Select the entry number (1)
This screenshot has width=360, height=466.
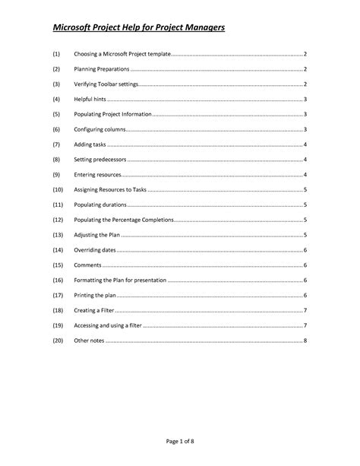pos(56,55)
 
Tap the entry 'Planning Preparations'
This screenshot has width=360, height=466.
pos(102,70)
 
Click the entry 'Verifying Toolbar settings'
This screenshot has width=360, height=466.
pos(106,84)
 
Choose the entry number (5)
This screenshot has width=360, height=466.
pos(56,115)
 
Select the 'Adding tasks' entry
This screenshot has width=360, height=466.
pos(90,144)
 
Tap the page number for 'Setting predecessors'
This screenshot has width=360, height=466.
pos(305,160)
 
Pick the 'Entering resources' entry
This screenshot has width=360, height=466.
pos(99,175)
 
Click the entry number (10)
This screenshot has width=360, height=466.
pos(58,189)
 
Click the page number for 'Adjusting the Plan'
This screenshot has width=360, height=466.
pos(305,235)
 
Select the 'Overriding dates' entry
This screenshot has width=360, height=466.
pos(96,250)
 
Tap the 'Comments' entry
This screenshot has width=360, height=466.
pos(87,265)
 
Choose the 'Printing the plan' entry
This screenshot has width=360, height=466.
pos(96,295)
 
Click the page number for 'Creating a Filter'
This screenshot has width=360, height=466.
pos(305,310)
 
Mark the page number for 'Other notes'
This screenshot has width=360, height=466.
pos(305,340)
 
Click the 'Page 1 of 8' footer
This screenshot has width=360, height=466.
pos(180,442)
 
